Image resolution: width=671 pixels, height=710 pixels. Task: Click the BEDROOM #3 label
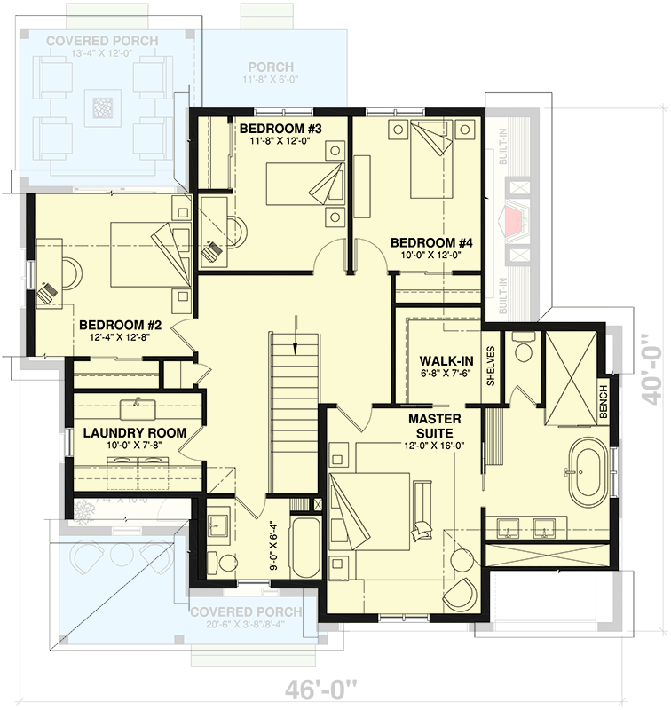pyautogui.click(x=280, y=130)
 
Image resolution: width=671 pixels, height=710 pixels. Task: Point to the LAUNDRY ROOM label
pyautogui.click(x=134, y=433)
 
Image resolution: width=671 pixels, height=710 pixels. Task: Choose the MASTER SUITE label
pyautogui.click(x=433, y=424)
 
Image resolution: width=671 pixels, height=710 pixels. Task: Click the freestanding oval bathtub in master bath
pyautogui.click(x=587, y=470)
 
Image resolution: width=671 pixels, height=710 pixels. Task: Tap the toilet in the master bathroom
pyautogui.click(x=523, y=347)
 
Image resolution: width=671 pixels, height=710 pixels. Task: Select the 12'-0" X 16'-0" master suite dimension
pyautogui.click(x=433, y=446)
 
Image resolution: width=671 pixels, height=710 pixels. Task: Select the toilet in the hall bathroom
pyautogui.click(x=227, y=562)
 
